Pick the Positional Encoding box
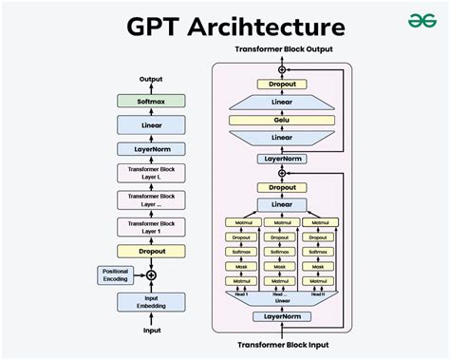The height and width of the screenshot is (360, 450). click(x=115, y=275)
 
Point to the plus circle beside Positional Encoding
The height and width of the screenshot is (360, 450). click(x=150, y=275)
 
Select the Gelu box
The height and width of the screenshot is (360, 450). click(x=280, y=122)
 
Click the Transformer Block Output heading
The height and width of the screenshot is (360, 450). click(x=281, y=47)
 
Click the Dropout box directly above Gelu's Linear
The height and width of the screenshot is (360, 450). click(x=280, y=84)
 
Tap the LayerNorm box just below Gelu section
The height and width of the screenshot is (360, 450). click(x=280, y=159)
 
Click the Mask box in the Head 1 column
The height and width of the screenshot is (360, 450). click(x=239, y=267)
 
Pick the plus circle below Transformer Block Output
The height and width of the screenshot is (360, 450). click(x=281, y=69)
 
